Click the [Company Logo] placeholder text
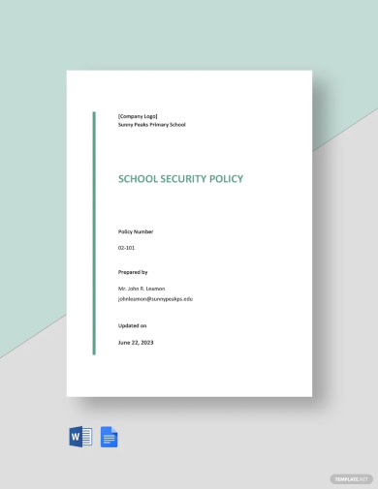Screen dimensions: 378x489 [138, 116]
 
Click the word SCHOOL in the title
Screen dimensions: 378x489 [139, 179]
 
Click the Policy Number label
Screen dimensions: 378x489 [136, 232]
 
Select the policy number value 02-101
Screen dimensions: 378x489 [127, 248]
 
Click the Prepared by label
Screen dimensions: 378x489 [133, 273]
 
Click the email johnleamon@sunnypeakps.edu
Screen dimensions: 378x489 [155, 299]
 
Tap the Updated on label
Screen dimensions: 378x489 [133, 325]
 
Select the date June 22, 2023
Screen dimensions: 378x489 [137, 342]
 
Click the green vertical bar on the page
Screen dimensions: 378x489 [94, 232]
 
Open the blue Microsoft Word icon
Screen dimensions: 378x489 [80, 438]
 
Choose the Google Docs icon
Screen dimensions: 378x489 [109, 438]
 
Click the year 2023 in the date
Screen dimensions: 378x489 [147, 342]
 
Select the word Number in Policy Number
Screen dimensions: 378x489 [143, 232]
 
